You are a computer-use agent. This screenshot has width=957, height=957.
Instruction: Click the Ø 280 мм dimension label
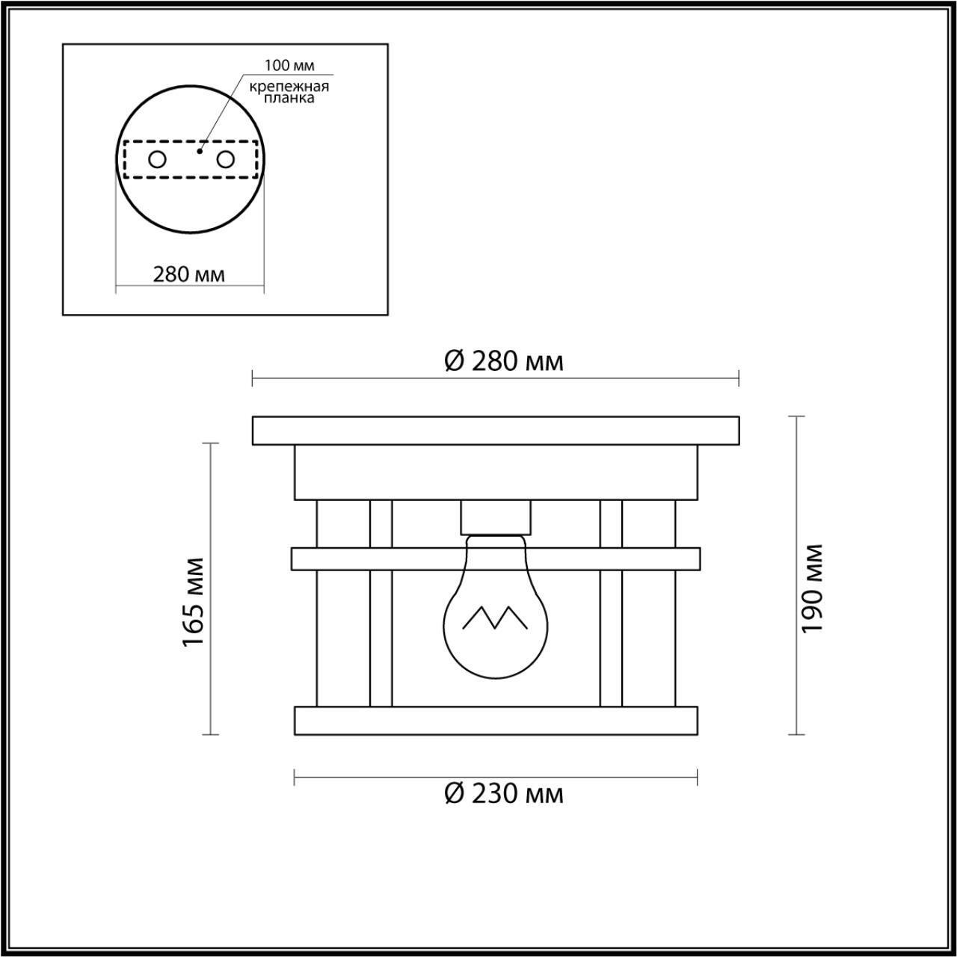[x=503, y=362]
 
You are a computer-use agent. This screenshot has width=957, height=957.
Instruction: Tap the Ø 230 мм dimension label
[x=503, y=793]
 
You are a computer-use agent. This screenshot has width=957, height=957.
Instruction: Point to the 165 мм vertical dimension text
[x=194, y=603]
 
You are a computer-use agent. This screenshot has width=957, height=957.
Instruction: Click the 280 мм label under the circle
[x=189, y=274]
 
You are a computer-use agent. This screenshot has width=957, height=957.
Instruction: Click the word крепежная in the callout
[x=289, y=87]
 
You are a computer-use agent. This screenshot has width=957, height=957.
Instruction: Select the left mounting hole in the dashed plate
[x=157, y=159]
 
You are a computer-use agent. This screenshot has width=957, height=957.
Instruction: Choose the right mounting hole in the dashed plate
[x=225, y=159]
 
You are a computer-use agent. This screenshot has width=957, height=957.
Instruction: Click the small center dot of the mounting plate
[x=199, y=151]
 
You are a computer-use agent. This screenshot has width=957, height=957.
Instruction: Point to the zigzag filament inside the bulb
[x=495, y=617]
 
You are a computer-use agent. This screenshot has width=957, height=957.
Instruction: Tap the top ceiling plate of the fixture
[x=496, y=431]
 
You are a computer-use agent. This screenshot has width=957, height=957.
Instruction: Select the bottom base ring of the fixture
[x=496, y=720]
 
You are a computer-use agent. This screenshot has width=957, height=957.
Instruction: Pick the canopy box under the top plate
[x=496, y=473]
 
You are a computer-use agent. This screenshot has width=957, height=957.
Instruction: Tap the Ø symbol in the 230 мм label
[x=455, y=793]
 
